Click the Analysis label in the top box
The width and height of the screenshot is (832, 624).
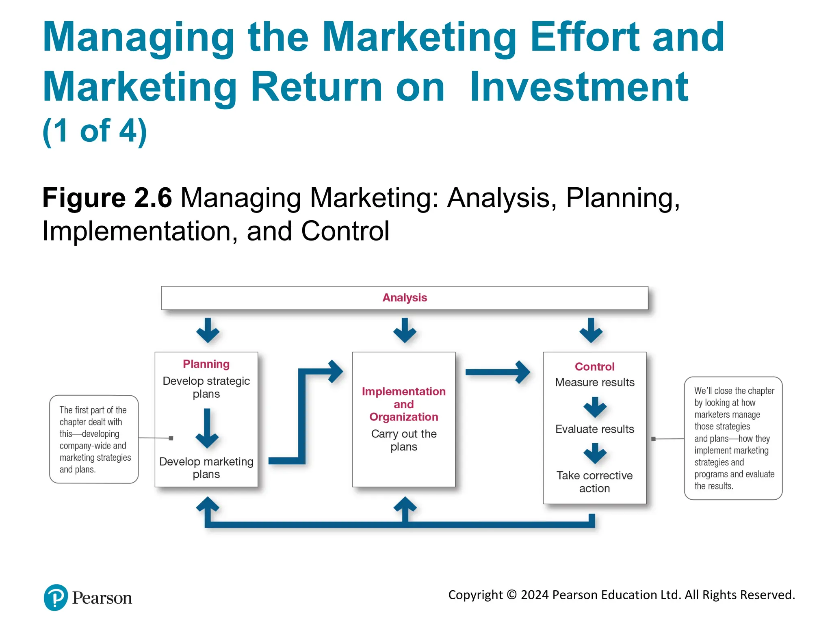(x=405, y=298)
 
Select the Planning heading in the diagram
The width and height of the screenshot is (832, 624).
(x=206, y=364)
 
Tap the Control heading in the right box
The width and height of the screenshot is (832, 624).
(x=594, y=366)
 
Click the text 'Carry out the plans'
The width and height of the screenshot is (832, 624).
(x=404, y=440)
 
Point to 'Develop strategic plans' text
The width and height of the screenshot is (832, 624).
(x=206, y=387)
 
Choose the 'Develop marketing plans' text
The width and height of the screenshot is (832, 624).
(x=206, y=468)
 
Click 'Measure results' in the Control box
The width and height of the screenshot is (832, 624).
(x=594, y=382)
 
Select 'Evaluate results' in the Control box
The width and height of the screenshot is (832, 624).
(x=594, y=429)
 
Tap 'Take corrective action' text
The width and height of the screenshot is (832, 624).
(x=594, y=482)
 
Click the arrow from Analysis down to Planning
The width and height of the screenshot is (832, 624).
(x=208, y=330)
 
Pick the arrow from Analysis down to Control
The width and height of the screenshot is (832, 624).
(x=591, y=330)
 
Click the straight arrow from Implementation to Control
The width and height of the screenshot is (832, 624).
(x=498, y=372)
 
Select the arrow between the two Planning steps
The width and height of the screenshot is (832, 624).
(x=207, y=428)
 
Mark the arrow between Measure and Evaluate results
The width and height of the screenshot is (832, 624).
(x=595, y=407)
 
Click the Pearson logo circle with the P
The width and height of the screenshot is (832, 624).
(x=56, y=597)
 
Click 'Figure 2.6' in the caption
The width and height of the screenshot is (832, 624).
(x=107, y=198)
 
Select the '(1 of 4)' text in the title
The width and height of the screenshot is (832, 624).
(x=95, y=131)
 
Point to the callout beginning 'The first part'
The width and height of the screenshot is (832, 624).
(x=94, y=439)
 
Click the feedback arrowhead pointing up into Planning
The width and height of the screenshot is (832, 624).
(x=208, y=505)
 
